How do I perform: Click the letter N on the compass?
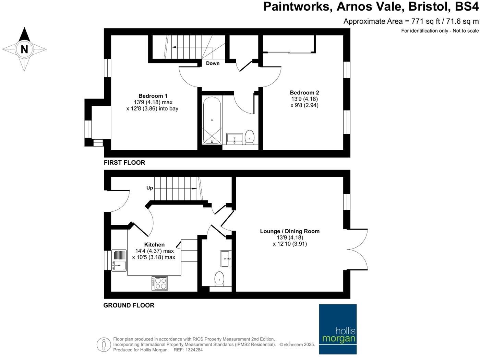point(24,49)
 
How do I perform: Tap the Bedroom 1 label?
point(153,96)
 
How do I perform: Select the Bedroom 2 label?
point(304,93)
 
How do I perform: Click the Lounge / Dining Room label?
point(290,231)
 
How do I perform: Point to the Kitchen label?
point(154,245)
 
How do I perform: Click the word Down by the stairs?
point(213,63)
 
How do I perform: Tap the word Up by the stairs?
point(150,188)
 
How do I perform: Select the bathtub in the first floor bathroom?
point(212,120)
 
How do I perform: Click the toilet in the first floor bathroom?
point(249,137)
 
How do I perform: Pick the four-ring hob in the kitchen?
point(160,283)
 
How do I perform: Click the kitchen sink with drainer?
point(119,261)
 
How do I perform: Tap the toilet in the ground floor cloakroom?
point(219,279)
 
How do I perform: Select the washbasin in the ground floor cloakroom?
point(226,258)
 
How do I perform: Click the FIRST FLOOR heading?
point(124,163)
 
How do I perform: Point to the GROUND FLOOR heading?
point(129,305)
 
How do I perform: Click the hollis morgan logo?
point(338,329)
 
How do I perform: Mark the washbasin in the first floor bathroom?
point(235,138)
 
